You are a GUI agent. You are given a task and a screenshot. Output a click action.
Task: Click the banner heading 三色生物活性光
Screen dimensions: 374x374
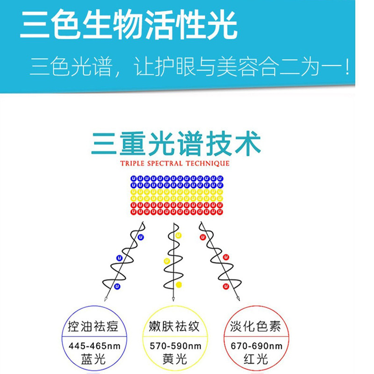pos(128,26)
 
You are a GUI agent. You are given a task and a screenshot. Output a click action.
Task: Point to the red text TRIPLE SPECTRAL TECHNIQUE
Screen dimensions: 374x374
pos(175,163)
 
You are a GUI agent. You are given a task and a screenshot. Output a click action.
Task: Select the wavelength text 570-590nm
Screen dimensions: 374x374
pos(175,346)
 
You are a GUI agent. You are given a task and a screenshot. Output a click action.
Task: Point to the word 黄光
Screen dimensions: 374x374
pos(175,359)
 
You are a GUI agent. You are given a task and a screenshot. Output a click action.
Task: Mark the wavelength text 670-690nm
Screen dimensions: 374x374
pos(255,346)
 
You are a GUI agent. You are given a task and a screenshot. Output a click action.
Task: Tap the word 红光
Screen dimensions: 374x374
pos(255,359)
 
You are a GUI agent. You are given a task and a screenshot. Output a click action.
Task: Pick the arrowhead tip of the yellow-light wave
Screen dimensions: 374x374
pos(174,300)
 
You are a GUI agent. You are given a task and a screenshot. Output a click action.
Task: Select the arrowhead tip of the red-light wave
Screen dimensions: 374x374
pos(238,299)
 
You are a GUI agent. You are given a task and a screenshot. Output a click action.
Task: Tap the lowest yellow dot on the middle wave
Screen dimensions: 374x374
pos(179,284)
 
